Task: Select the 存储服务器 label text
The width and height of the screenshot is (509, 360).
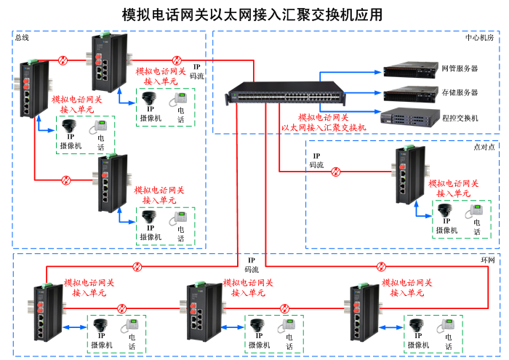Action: (460, 92)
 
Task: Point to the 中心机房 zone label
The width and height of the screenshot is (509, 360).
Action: (478, 37)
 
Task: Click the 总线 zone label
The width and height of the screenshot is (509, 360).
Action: (22, 37)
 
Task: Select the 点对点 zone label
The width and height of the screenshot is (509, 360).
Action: (484, 146)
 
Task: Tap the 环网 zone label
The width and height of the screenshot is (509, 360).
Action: (487, 260)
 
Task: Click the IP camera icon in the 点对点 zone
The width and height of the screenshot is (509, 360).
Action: (446, 210)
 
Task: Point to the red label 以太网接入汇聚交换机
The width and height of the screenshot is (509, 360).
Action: (324, 127)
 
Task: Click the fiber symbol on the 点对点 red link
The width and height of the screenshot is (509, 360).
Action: (336, 172)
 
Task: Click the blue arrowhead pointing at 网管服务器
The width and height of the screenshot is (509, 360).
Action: (379, 71)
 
